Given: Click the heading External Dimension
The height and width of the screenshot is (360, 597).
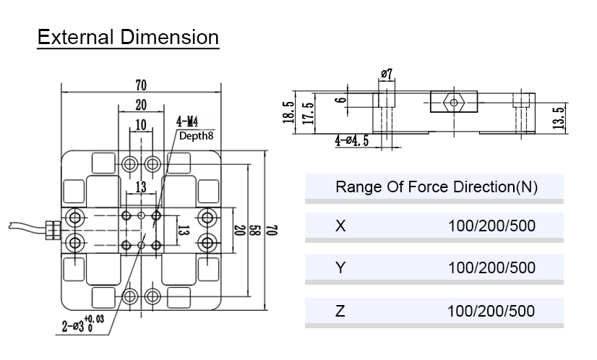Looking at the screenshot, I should point(128,37).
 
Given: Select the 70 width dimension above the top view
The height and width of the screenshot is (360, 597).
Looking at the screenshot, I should point(141,85).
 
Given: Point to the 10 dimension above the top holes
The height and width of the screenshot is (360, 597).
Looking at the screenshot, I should point(140,125).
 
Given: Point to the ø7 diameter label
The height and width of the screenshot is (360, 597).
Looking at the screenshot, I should point(385,74).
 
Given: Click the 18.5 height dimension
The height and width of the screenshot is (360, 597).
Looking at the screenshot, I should point(289,113).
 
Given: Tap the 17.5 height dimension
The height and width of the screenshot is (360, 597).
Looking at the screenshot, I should point(309,113).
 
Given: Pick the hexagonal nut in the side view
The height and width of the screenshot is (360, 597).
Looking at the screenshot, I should point(453,102).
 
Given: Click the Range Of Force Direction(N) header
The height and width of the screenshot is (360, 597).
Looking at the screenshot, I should point(436,187).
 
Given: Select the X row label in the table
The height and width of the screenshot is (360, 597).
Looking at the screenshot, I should point(340,226).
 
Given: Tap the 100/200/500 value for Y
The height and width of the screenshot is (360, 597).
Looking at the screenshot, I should point(491,267).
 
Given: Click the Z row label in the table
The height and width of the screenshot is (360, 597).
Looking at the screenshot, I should point(340,311).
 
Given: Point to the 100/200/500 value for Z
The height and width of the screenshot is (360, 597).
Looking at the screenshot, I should point(491,311).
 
